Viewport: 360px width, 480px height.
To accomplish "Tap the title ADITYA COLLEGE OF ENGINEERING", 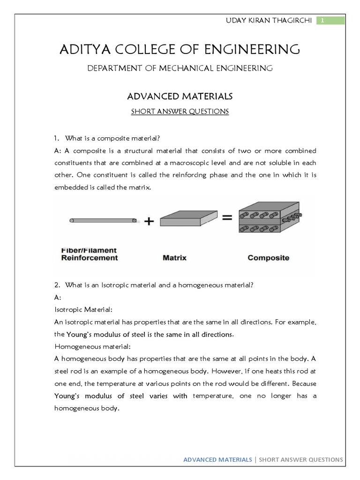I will (x=180, y=49).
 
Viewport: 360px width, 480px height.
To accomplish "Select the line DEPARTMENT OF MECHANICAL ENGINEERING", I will (x=180, y=68).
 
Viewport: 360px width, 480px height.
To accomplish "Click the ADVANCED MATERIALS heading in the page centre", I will (x=180, y=96).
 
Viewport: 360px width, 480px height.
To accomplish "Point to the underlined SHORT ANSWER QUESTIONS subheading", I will (x=180, y=112).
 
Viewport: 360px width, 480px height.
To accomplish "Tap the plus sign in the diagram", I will (x=149, y=222).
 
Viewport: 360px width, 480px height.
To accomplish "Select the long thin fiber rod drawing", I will (x=103, y=220).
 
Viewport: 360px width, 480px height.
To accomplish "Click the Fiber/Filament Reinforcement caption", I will (x=90, y=254).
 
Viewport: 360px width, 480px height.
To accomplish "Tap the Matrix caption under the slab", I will (x=174, y=257).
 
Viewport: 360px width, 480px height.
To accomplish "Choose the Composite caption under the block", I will (x=268, y=257).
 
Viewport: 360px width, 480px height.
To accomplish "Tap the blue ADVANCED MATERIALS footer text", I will (x=217, y=459).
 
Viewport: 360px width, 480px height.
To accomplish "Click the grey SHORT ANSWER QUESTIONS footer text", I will (x=301, y=459).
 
